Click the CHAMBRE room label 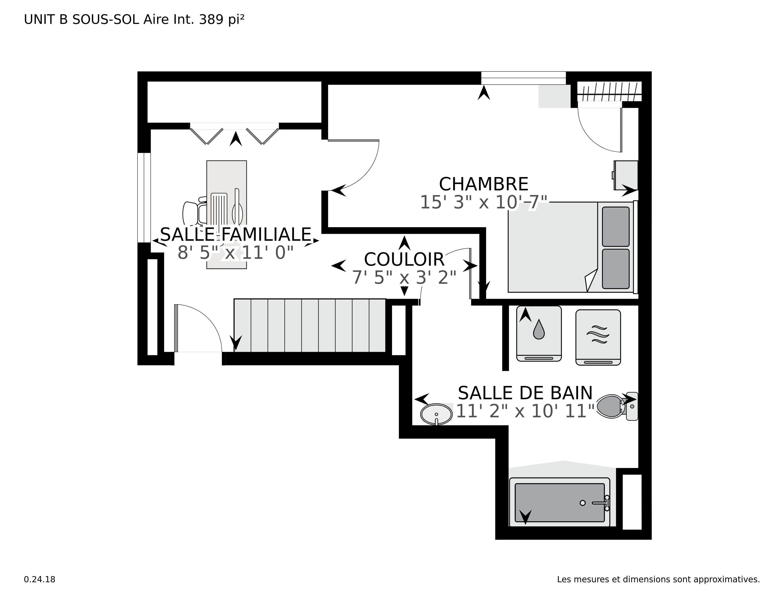tap(483, 184)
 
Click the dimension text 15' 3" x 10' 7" tap(483, 202)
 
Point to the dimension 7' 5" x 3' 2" tap(404, 278)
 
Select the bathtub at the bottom tap(559, 503)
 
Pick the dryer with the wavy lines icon tap(598, 337)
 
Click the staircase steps tap(309, 325)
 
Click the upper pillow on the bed tap(615, 226)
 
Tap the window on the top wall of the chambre tap(523, 78)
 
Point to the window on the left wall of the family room tap(144, 197)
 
